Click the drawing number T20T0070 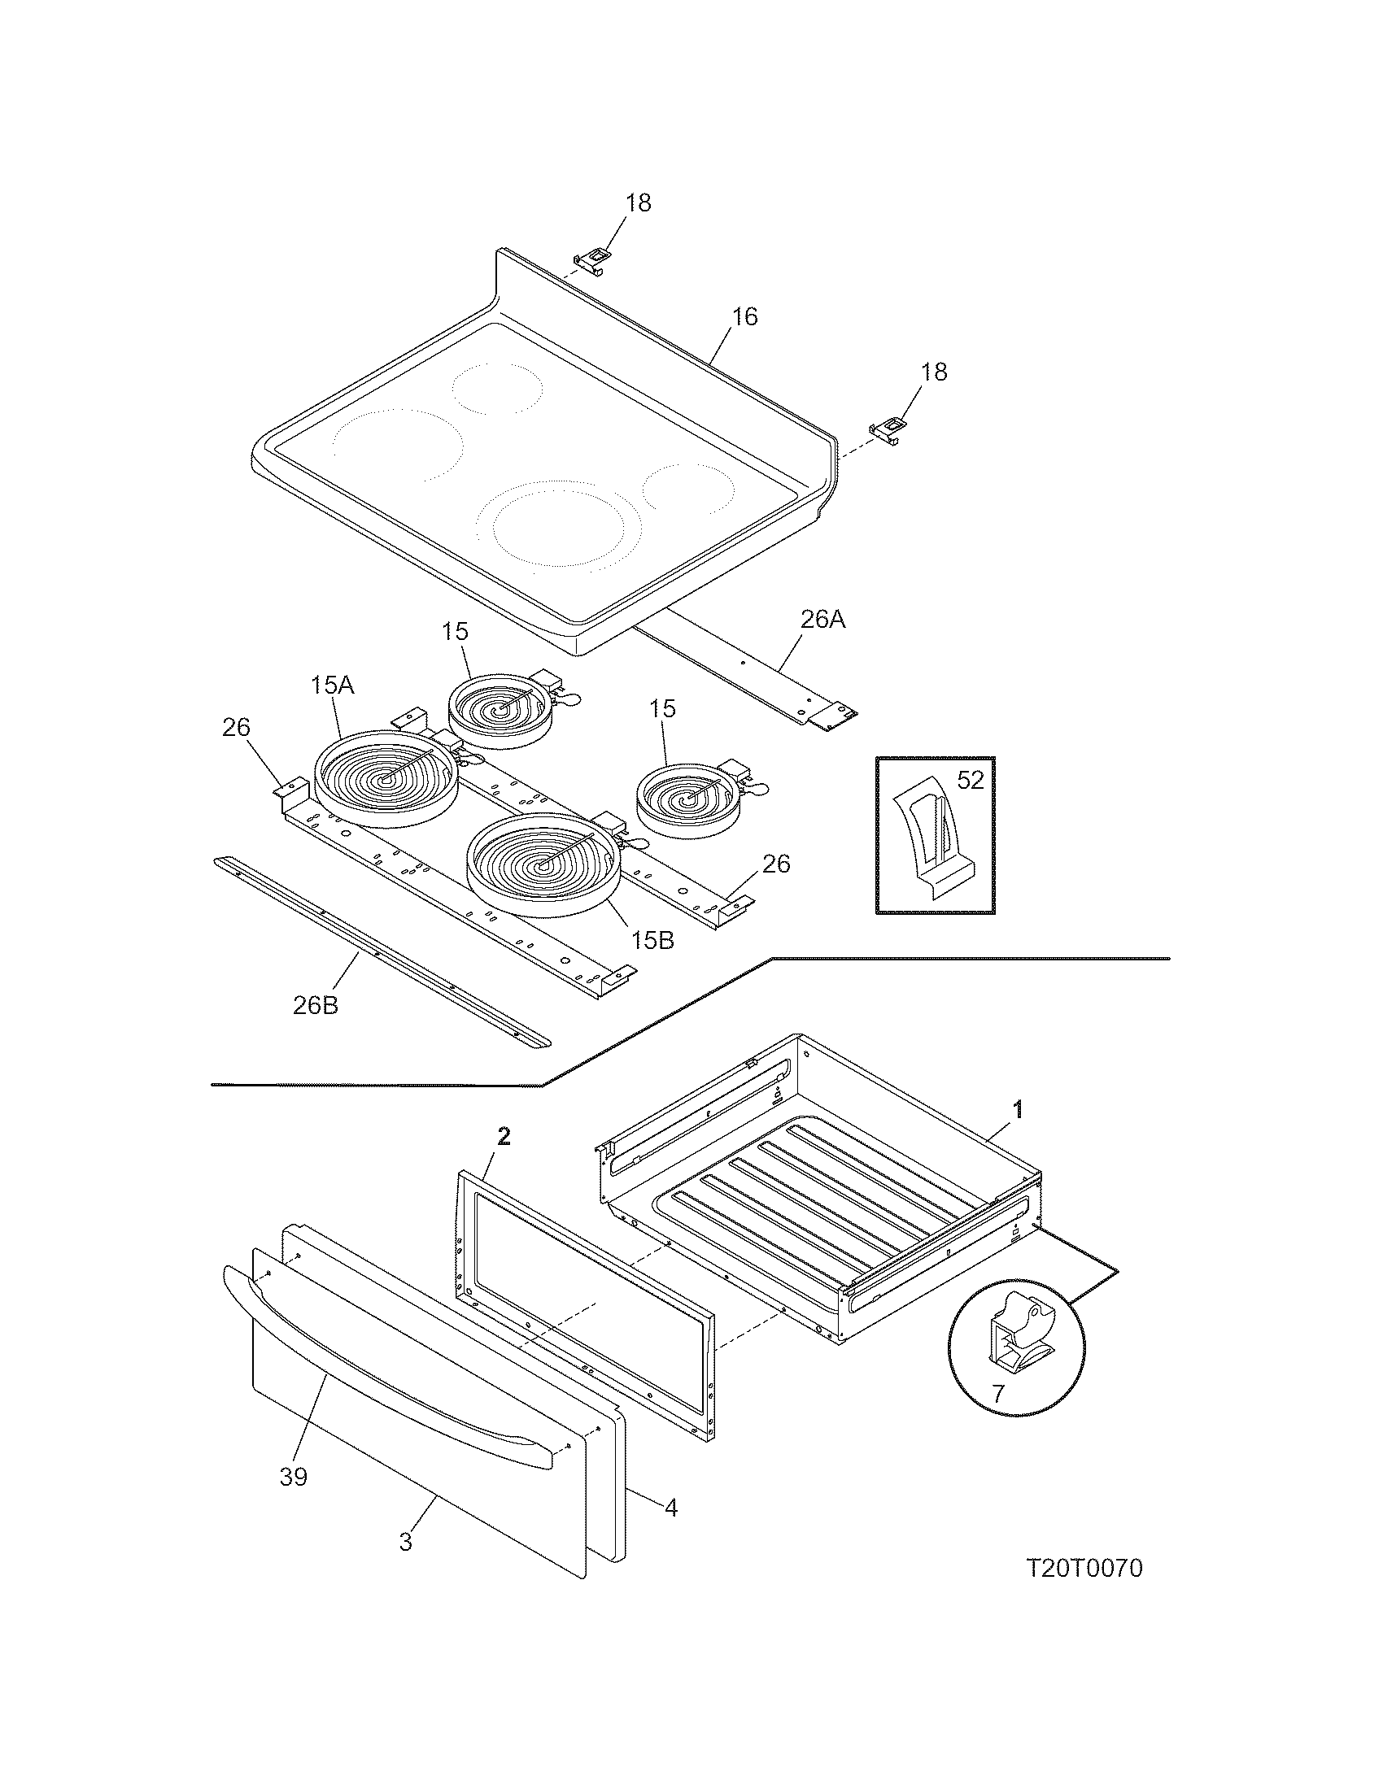[x=1084, y=1569]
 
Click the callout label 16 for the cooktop [x=744, y=316]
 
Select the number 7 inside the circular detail [x=997, y=1393]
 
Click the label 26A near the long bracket [x=822, y=620]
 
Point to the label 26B [x=316, y=1005]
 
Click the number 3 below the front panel [x=406, y=1542]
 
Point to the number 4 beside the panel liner [x=670, y=1507]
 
